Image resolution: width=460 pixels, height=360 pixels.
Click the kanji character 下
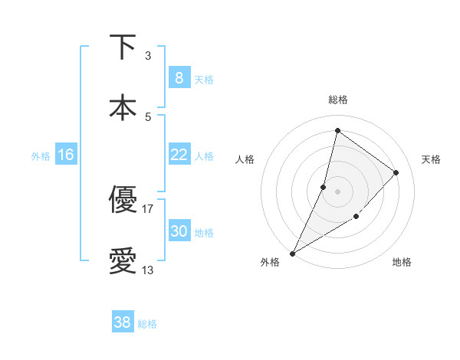(x=123, y=47)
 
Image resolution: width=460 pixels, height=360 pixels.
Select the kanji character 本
(x=123, y=107)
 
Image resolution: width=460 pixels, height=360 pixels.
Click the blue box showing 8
(x=179, y=78)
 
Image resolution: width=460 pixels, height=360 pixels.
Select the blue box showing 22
(x=179, y=155)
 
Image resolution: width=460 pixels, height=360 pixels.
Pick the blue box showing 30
(x=179, y=231)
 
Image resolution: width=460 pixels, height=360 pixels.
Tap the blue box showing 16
(x=66, y=155)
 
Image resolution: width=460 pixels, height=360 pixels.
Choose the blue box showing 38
(x=123, y=322)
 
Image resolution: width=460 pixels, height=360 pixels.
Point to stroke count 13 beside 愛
(x=148, y=270)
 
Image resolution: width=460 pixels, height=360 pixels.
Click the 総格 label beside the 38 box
(x=147, y=324)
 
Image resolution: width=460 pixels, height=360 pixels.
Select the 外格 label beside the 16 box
(x=41, y=155)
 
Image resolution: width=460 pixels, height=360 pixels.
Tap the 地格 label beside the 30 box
(x=204, y=233)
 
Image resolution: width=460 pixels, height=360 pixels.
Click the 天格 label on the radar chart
(x=431, y=159)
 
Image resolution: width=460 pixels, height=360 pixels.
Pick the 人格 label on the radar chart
(x=245, y=159)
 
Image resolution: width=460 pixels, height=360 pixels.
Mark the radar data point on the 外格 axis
(x=293, y=253)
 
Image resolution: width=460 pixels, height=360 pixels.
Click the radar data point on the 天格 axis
(x=396, y=172)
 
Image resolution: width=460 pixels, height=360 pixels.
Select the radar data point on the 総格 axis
(x=337, y=131)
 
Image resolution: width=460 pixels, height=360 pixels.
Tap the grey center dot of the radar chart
(x=337, y=191)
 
